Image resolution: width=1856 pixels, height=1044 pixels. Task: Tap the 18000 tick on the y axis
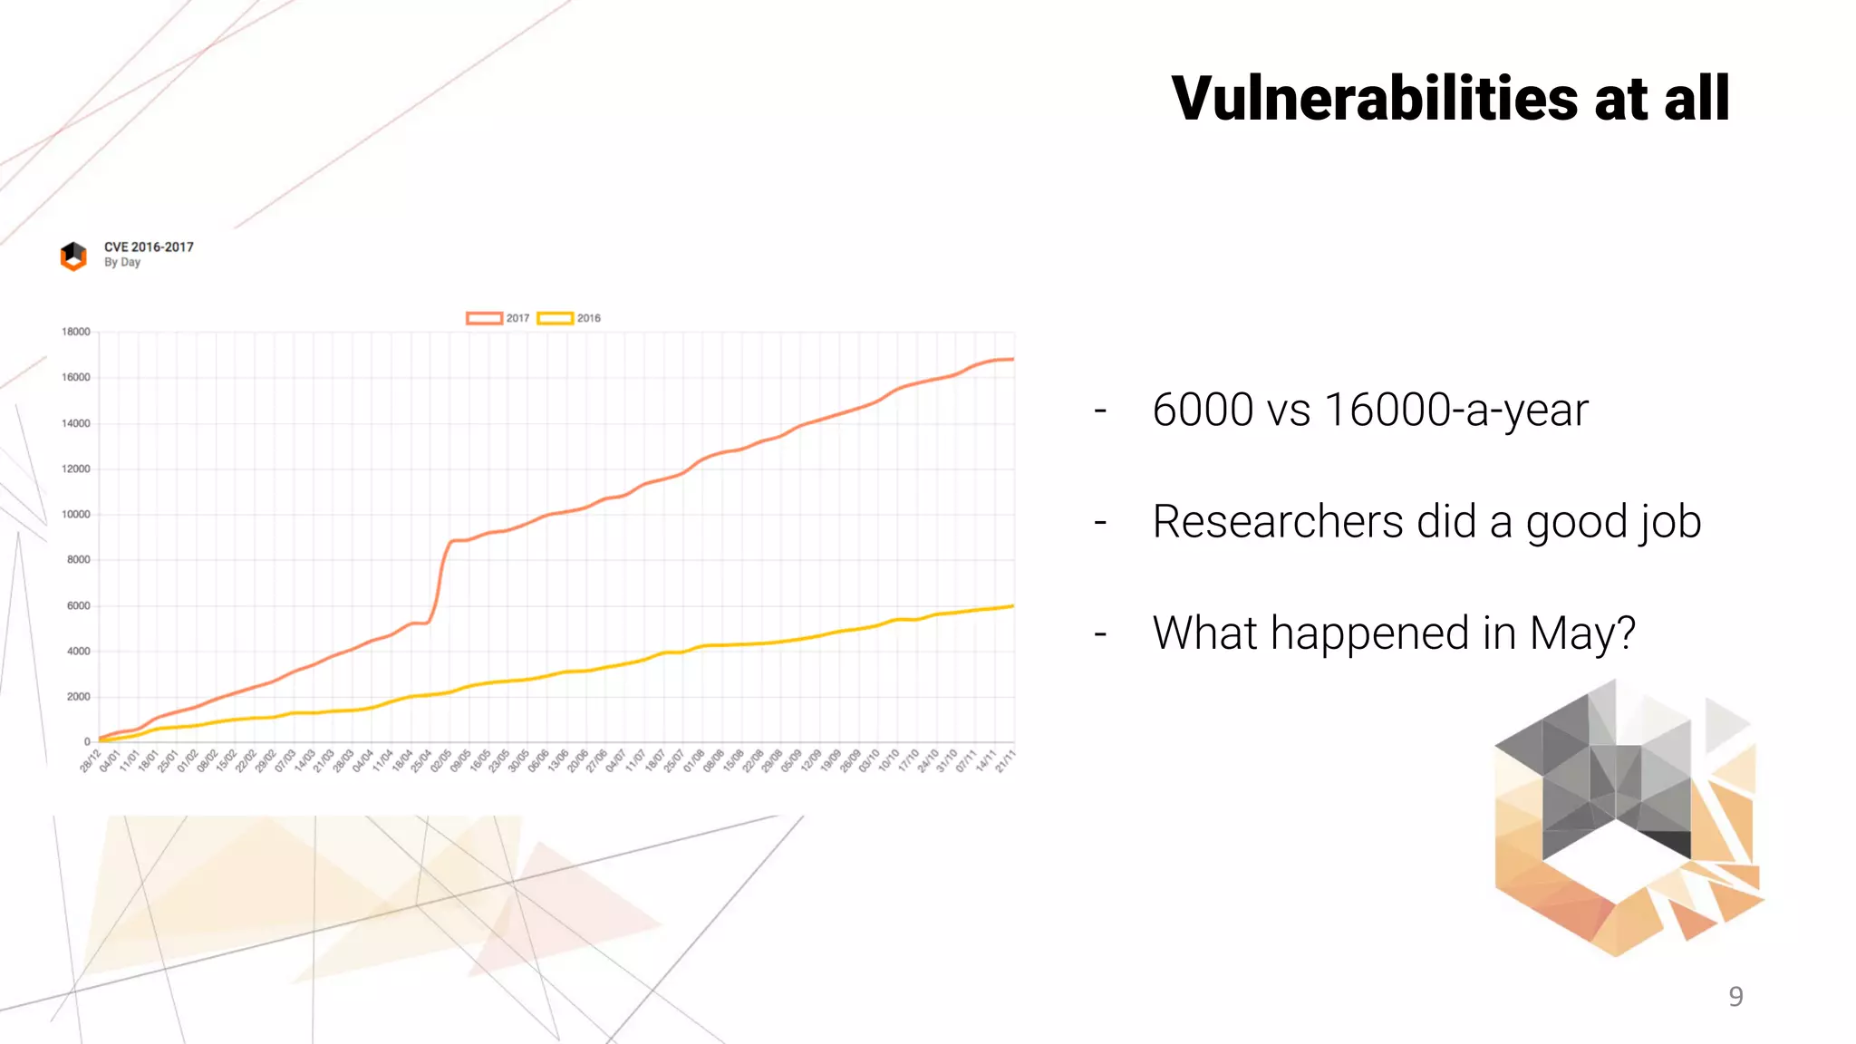tap(76, 332)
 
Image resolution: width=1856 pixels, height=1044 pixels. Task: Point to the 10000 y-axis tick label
tap(76, 514)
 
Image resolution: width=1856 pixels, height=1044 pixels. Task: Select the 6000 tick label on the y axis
tap(79, 605)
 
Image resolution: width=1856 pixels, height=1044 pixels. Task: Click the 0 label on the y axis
tap(87, 741)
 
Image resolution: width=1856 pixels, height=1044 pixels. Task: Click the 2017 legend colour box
tap(484, 318)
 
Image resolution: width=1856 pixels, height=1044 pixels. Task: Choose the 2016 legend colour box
tap(555, 318)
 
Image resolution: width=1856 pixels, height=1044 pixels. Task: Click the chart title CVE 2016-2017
tap(149, 246)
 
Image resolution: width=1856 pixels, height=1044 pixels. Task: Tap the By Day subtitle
tap(122, 262)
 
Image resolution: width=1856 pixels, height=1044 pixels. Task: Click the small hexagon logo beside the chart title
tap(73, 256)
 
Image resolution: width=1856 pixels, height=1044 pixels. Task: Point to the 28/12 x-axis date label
tap(90, 761)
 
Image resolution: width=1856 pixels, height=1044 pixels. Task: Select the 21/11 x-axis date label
tap(1005, 761)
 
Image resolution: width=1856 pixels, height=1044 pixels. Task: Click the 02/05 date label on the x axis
tap(440, 761)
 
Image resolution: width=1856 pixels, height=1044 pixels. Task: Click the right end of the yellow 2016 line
tap(1012, 605)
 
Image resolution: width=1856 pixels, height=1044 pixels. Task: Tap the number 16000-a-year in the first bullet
tap(1455, 410)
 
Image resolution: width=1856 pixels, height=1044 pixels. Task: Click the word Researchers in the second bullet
tap(1278, 521)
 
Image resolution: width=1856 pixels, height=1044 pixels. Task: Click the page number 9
tap(1735, 996)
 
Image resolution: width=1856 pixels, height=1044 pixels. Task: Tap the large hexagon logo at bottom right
tap(1627, 820)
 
